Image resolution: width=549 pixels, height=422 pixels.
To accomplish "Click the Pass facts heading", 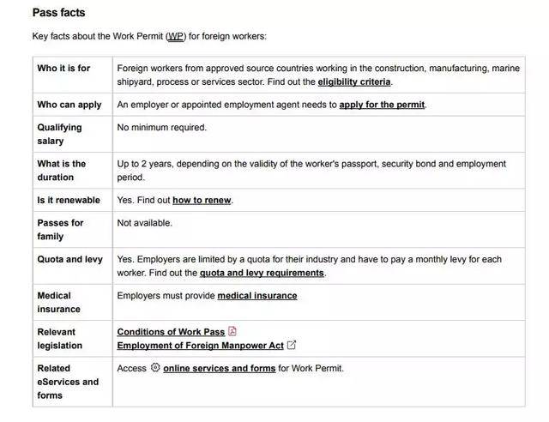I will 58,13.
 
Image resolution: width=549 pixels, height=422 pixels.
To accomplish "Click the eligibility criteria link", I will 353,82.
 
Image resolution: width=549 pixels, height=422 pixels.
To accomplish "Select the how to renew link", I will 202,201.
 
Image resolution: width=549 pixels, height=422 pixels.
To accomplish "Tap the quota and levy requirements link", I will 262,273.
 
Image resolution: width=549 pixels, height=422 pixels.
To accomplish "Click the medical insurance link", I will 257,296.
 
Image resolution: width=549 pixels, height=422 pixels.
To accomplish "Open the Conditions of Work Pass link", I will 171,332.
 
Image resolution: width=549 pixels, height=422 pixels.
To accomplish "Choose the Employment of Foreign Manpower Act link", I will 200,346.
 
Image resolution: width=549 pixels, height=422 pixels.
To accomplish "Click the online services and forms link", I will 219,369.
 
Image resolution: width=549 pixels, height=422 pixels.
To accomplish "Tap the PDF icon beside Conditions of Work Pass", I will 232,332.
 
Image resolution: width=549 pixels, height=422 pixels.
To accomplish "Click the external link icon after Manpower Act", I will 292,346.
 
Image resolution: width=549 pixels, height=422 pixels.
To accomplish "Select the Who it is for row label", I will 63,69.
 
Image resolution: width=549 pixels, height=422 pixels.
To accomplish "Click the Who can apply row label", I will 69,105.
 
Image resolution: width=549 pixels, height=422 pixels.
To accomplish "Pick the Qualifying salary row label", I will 59,134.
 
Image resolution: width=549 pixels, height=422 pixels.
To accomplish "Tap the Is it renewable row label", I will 69,201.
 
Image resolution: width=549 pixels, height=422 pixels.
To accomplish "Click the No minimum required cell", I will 161,128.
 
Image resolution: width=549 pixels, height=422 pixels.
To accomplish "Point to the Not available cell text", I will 144,223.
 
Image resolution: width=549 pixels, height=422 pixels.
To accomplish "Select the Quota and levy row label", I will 69,259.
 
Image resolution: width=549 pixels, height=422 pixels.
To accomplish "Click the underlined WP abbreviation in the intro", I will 174,37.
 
